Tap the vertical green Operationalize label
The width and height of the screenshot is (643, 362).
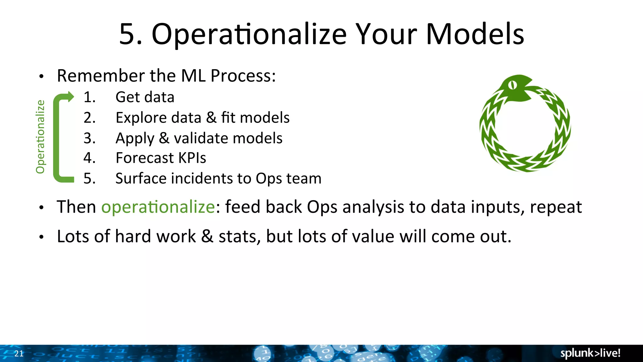[x=40, y=137]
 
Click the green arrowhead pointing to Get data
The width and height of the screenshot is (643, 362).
[x=70, y=97]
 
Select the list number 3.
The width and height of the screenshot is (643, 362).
[x=89, y=138]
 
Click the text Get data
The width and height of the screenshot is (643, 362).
[x=145, y=97]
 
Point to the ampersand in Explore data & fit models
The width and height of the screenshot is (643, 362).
[x=211, y=118]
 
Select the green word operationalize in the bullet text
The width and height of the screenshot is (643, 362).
[x=158, y=207]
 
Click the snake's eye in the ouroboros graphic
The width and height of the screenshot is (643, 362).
[x=512, y=85]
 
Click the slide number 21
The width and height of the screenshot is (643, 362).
[x=19, y=354]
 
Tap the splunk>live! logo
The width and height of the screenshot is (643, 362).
[x=590, y=353]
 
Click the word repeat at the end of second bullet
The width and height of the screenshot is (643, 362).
[x=556, y=207]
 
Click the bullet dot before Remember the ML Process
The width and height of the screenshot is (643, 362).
[x=41, y=77]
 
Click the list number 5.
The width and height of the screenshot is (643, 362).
[x=89, y=178]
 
